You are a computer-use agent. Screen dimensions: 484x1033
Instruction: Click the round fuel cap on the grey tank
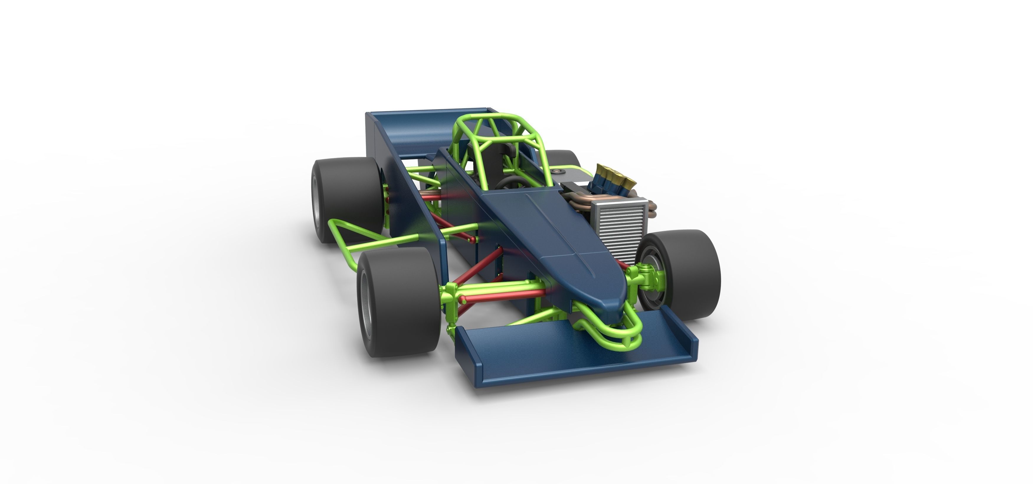coord(556,172)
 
